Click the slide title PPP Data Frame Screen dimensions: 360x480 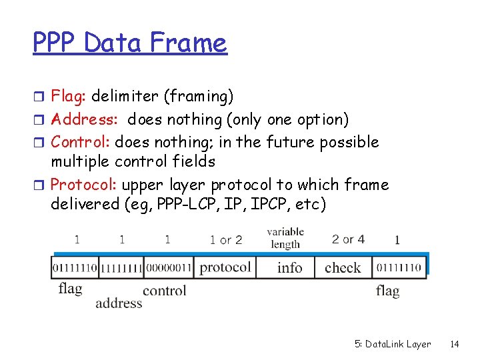tap(130, 44)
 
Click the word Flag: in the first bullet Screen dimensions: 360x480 tap(69, 97)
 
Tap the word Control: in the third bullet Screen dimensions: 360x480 tap(81, 142)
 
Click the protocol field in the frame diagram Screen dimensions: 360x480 tap(225, 267)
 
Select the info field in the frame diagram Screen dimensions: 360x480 tap(289, 268)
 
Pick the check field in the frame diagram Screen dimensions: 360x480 tap(343, 268)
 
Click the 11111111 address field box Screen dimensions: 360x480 tap(121, 267)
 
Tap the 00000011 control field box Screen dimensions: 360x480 tap(168, 267)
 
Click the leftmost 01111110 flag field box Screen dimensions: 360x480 tap(75, 267)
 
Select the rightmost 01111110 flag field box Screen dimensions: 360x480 tap(398, 267)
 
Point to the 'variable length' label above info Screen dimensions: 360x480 tap(285, 238)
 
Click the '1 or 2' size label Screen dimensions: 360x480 tap(226, 239)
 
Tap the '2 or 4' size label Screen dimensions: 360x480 tap(348, 239)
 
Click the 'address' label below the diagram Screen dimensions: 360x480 tap(119, 303)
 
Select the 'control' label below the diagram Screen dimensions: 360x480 tap(164, 290)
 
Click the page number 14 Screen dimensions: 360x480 tap(455, 344)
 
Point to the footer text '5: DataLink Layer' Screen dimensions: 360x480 tap(392, 344)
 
